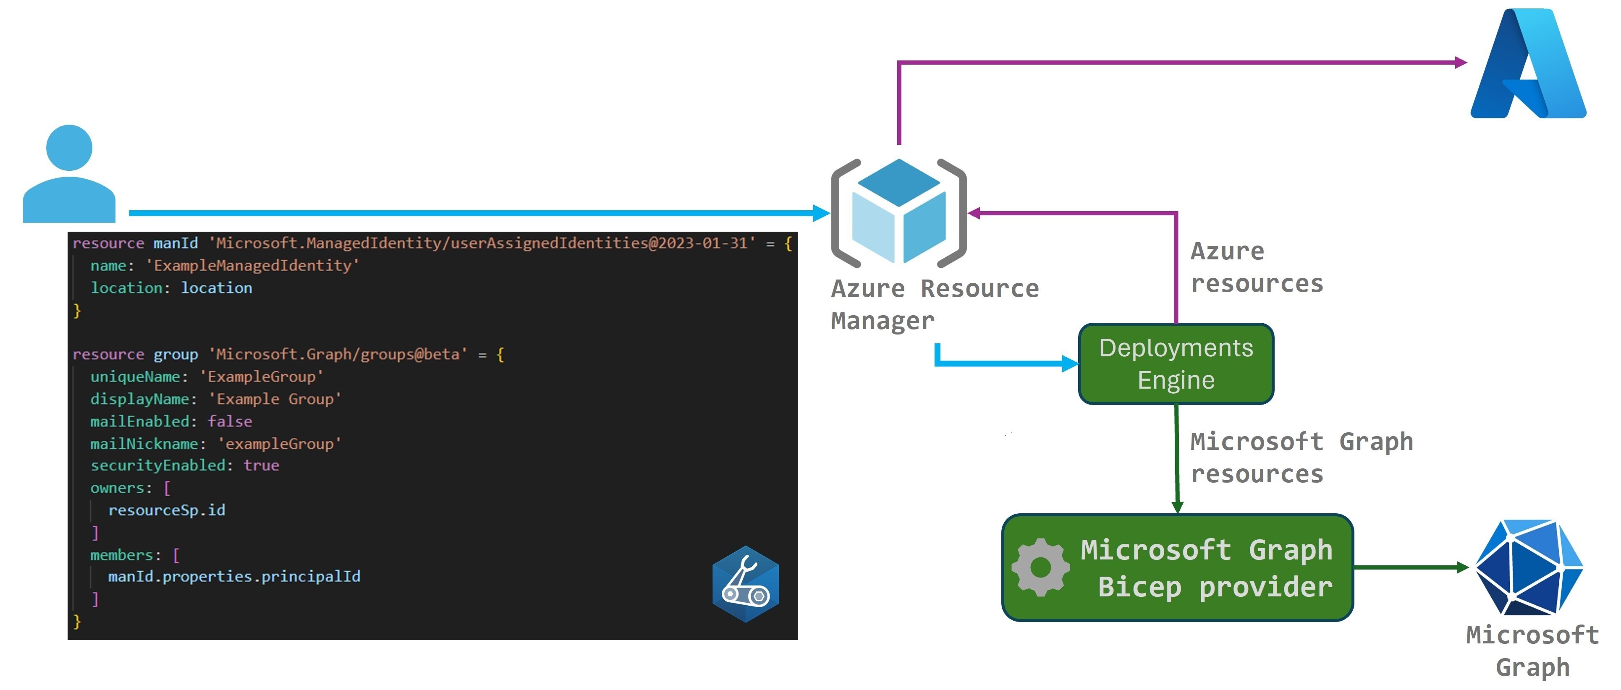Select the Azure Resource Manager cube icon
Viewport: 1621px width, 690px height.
point(898,213)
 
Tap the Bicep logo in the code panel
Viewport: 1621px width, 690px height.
point(745,584)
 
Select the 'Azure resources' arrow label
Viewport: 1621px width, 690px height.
point(1256,267)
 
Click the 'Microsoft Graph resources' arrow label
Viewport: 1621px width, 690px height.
point(1300,457)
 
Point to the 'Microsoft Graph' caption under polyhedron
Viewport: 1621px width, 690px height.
point(1532,651)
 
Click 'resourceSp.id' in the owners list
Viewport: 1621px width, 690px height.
point(166,510)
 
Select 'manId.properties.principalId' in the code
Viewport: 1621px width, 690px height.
point(234,576)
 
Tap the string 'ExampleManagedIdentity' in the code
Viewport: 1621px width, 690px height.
point(252,265)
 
